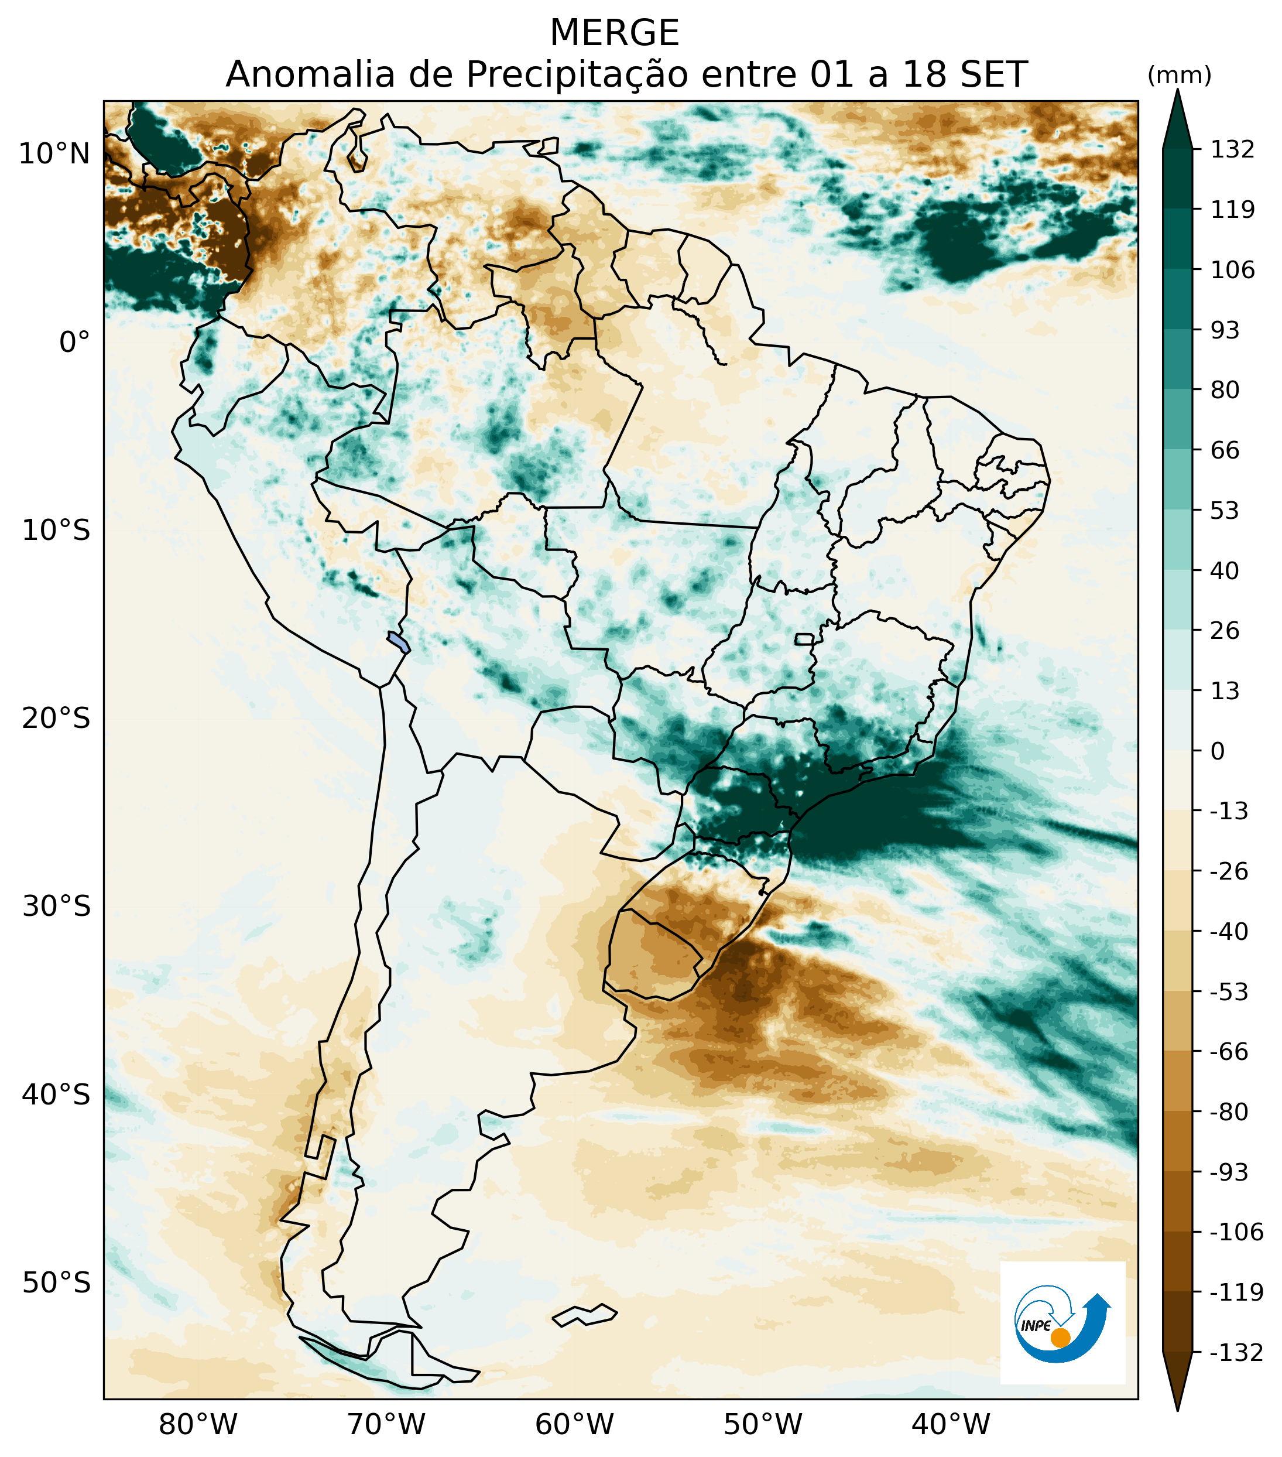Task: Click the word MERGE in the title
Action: (614, 33)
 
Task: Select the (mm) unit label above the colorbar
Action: (1180, 76)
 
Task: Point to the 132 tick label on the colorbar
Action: (1232, 150)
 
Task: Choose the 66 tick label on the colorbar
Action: (1225, 450)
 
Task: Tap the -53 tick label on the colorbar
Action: (1229, 991)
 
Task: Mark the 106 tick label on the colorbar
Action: (1232, 270)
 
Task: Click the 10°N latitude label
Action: (55, 153)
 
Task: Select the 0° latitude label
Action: (75, 342)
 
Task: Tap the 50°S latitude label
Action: (56, 1283)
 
